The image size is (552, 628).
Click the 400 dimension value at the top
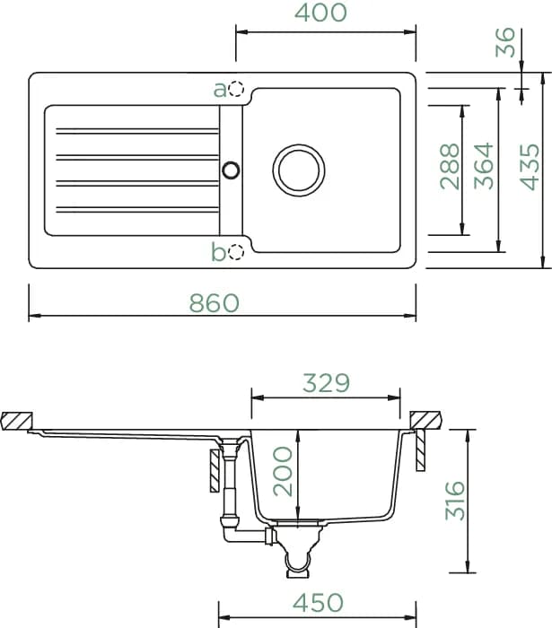[320, 13]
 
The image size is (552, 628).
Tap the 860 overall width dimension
[215, 303]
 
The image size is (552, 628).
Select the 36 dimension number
[504, 42]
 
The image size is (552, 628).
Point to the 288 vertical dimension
[450, 166]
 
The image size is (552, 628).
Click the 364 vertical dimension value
[483, 166]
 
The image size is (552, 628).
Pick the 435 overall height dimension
[530, 167]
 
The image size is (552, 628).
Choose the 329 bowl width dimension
[326, 383]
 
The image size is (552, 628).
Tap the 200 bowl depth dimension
[283, 471]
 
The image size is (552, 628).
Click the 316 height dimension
[455, 501]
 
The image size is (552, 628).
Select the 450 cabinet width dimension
[318, 602]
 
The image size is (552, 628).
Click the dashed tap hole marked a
[236, 89]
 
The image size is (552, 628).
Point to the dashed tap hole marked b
[236, 252]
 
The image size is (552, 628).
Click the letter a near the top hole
[220, 90]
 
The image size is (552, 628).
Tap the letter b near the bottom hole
[219, 251]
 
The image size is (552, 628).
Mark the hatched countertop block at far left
[16, 421]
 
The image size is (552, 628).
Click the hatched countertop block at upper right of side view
[425, 420]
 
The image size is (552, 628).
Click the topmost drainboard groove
[137, 131]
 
